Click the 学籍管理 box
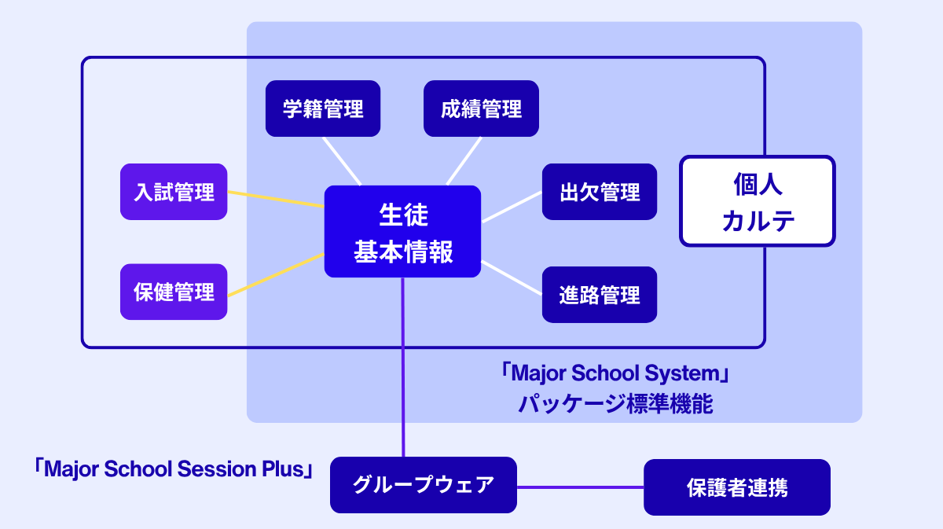323,108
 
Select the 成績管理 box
481,108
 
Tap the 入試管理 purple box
174,192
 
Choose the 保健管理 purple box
174,292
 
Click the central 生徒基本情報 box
402,232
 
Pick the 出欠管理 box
600,192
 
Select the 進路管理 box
600,295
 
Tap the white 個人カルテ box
758,201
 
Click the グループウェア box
424,484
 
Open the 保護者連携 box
737,487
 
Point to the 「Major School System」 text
615,373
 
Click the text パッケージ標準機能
615,404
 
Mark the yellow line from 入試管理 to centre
275,199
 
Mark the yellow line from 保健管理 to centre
275,274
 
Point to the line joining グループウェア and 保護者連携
580,487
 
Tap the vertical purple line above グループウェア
403,369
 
